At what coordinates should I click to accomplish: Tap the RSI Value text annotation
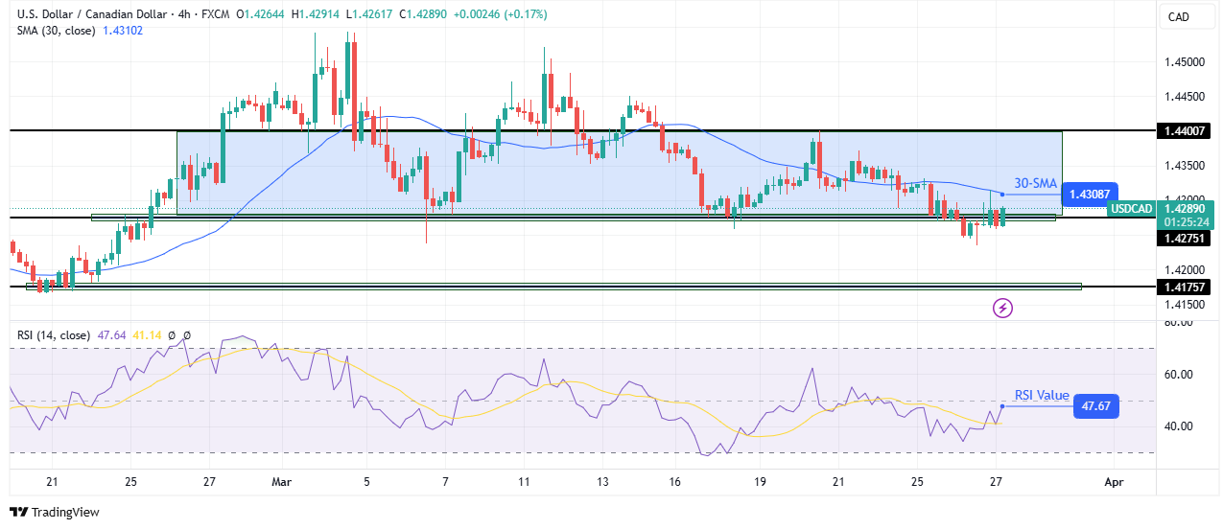coord(1042,396)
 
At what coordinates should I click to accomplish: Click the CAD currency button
coord(1177,16)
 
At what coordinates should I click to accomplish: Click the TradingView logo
coord(54,513)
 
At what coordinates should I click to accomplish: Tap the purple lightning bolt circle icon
coord(1003,308)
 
